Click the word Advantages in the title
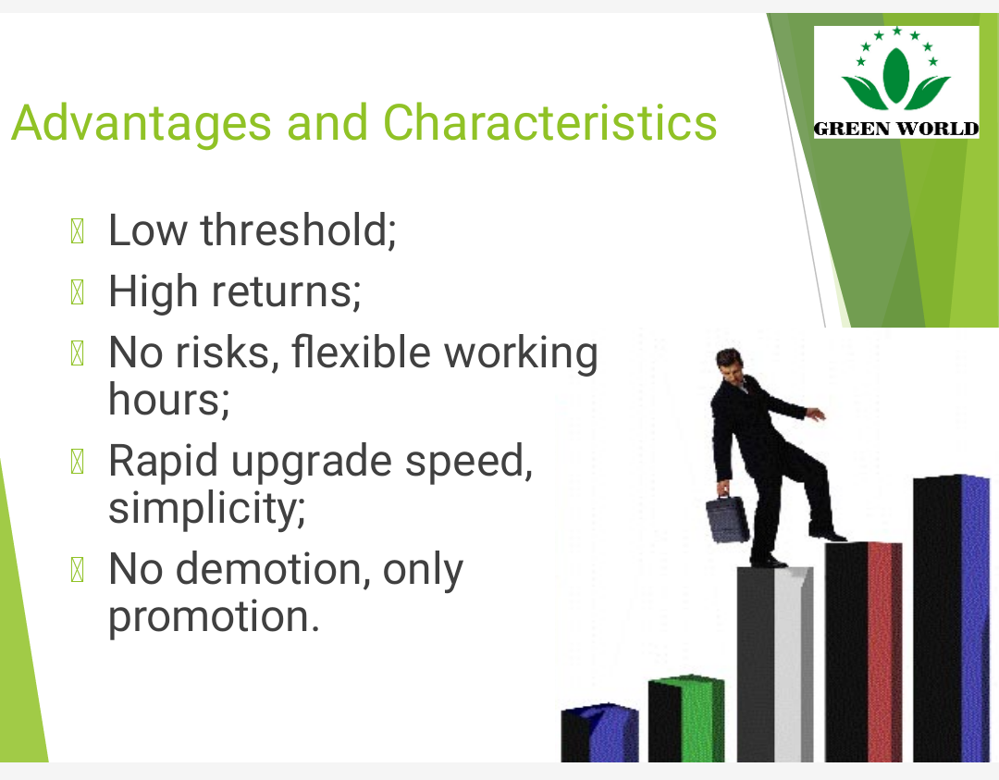tap(142, 122)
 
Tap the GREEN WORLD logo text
tap(896, 128)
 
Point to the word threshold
tap(298, 229)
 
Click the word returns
tap(286, 291)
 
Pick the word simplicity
tap(207, 509)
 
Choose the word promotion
tap(214, 617)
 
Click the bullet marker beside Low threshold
tap(77, 231)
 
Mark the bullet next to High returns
tap(77, 292)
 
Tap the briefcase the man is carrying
tap(727, 519)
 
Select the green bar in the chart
tap(686, 718)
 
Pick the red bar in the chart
tap(863, 651)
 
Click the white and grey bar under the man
tap(775, 663)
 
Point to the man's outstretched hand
tap(816, 415)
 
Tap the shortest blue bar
tap(599, 733)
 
